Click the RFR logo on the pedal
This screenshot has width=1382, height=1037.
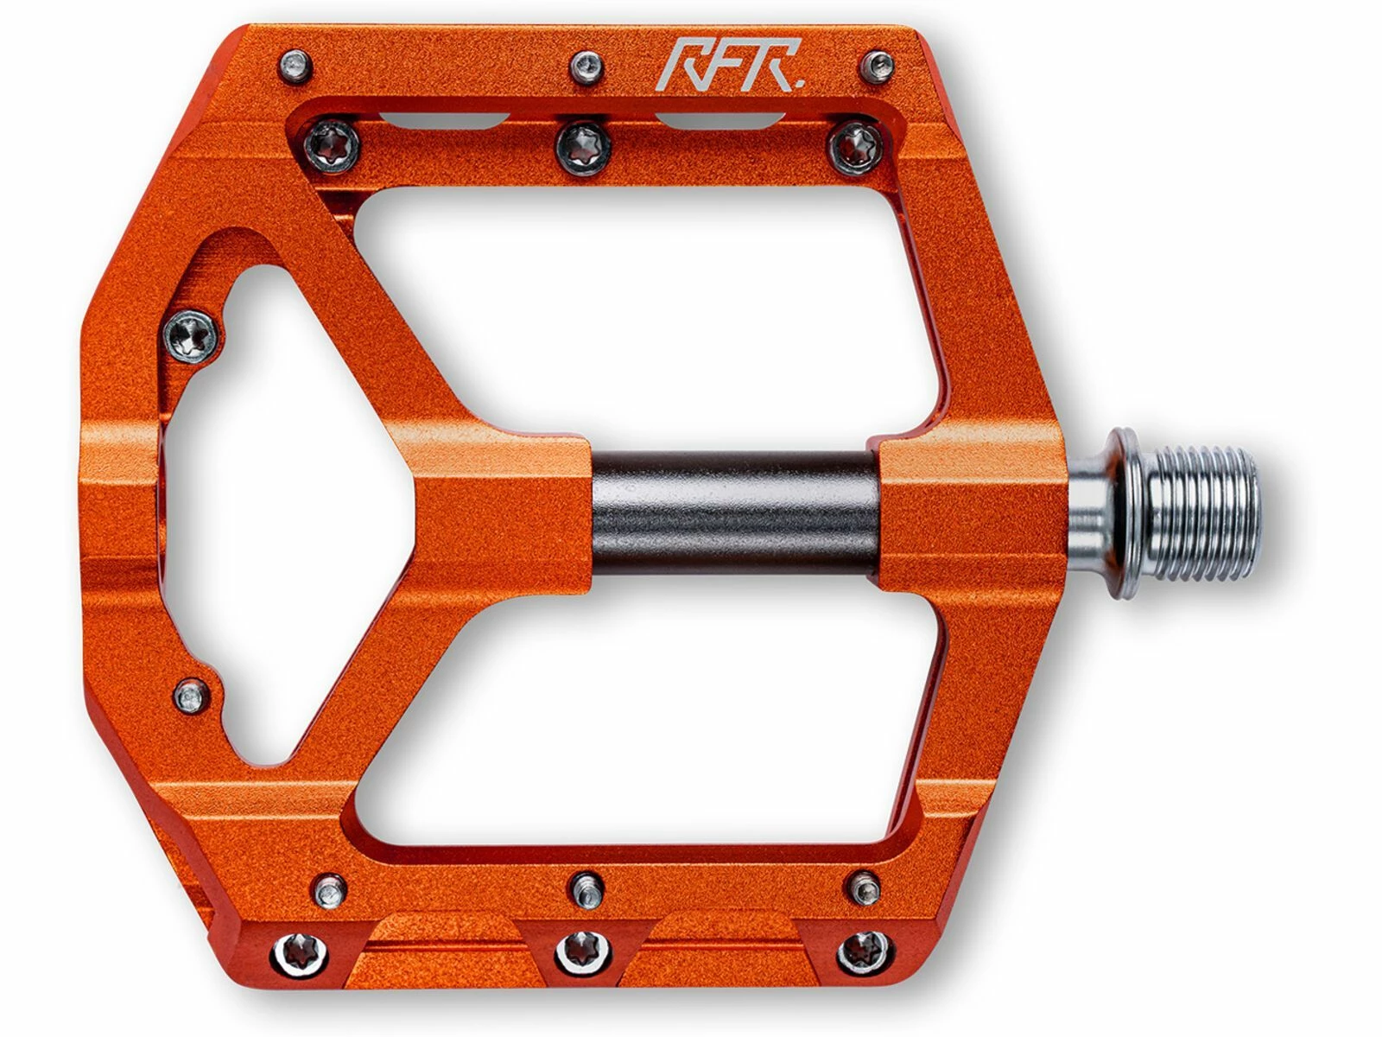pyautogui.click(x=730, y=66)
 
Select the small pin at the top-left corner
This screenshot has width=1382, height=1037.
pyautogui.click(x=295, y=65)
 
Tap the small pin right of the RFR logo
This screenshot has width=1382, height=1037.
pyautogui.click(x=878, y=65)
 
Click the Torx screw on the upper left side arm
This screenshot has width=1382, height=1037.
pyautogui.click(x=192, y=334)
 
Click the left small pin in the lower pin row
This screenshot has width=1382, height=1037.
pyautogui.click(x=329, y=888)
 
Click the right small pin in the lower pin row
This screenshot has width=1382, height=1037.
pyautogui.click(x=865, y=887)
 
